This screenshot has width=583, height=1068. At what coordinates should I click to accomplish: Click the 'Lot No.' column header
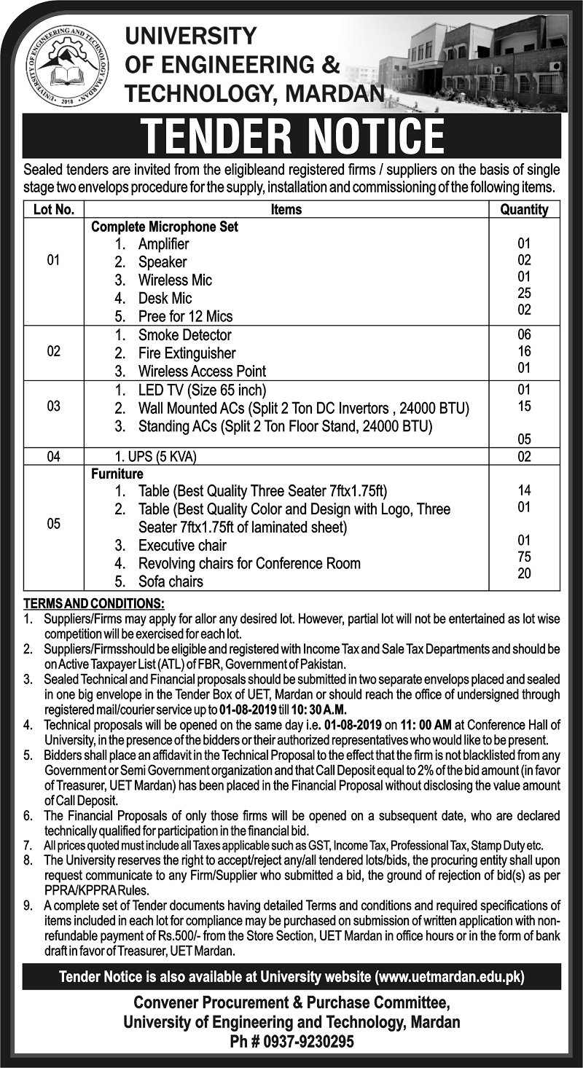point(53,209)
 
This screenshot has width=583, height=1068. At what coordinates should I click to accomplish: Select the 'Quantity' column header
point(524,209)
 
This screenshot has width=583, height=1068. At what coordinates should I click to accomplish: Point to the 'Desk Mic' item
point(165,298)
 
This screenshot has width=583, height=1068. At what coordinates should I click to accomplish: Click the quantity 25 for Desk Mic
point(524,293)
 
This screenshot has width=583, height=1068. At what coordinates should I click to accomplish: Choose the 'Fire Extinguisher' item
point(187,353)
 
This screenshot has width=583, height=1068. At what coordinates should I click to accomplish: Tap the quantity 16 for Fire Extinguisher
point(524,351)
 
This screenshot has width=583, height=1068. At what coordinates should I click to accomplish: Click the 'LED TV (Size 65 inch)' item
point(203,390)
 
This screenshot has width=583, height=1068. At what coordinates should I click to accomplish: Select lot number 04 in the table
point(53,458)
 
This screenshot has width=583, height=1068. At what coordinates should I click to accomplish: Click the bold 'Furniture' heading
point(117,474)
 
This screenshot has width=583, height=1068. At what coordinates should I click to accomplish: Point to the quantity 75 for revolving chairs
point(524,557)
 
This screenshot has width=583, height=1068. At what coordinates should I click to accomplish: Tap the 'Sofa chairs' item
point(171,581)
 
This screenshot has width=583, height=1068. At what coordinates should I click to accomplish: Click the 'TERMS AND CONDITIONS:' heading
point(94,604)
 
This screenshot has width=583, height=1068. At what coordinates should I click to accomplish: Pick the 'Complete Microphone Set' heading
point(165,227)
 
